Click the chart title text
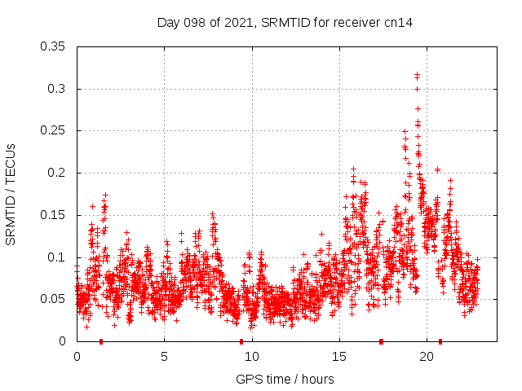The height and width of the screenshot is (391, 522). pos(285,22)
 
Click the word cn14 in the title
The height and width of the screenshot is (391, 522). pos(398,22)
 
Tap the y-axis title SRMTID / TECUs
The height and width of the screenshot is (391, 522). pos(11,195)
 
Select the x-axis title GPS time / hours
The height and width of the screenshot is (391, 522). pos(285,379)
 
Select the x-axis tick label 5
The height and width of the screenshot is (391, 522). pos(164,357)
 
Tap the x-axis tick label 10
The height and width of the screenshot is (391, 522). pos(252,357)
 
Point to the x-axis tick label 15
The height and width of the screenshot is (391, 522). pos(339,357)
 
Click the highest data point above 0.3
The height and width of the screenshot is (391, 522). pos(417,75)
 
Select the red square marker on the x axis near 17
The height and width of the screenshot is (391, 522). pos(381,341)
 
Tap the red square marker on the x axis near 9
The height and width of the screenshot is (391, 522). pos(241,341)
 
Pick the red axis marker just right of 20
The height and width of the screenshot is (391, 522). pos(440,341)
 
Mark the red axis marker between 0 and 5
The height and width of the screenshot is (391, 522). pos(101,341)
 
